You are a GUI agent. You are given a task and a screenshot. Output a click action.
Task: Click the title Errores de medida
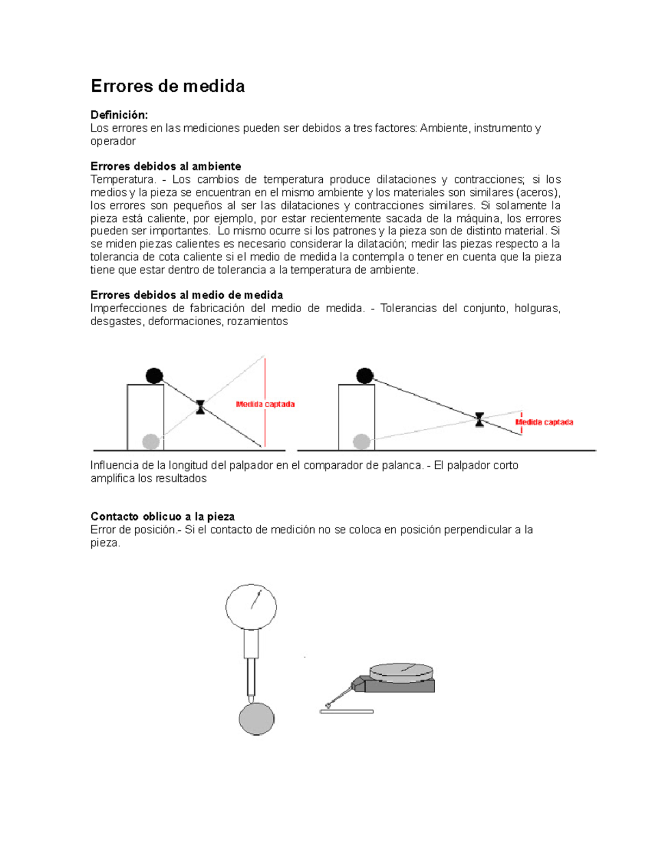[x=167, y=86]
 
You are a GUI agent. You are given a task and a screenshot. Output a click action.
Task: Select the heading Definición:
[x=119, y=115]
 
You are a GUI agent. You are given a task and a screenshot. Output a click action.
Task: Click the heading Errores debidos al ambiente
[x=166, y=167]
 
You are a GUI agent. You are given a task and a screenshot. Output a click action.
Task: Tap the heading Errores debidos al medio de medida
[x=186, y=295]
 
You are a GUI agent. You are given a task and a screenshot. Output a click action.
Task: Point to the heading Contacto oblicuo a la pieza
[x=162, y=517]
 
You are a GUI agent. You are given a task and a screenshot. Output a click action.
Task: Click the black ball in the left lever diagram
[x=154, y=376]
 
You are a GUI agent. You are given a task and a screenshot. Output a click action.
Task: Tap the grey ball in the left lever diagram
[x=151, y=441]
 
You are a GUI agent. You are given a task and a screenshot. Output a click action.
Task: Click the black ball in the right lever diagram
[x=365, y=376]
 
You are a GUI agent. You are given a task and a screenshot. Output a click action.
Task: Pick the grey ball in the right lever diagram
[x=361, y=441]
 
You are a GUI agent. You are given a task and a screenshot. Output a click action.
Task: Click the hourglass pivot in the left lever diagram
[x=200, y=407]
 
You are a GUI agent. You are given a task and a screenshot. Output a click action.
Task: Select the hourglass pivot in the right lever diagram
[x=479, y=420]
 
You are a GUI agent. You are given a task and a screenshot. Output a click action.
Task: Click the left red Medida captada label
[x=265, y=404]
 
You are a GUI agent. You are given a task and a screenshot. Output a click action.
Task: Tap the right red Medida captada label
[x=544, y=422]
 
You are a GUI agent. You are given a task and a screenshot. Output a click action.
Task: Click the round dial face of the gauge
[x=251, y=607]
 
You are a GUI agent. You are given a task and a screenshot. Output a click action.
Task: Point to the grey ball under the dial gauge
[x=256, y=719]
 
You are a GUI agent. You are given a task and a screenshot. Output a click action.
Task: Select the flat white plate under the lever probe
[x=347, y=712]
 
